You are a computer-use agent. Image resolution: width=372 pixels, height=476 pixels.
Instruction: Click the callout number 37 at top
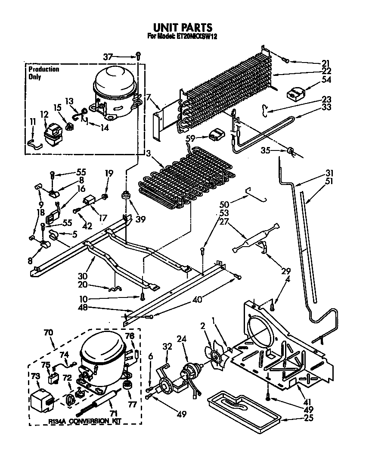pyautogui.click(x=108, y=56)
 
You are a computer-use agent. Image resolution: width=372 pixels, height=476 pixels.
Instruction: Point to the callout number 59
pyautogui.click(x=190, y=138)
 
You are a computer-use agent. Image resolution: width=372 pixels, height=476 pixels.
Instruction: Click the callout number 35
pyautogui.click(x=266, y=150)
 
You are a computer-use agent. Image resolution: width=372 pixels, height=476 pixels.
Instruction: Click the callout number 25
pyautogui.click(x=320, y=417)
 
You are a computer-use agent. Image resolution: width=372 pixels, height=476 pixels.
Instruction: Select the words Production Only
pyautogui.click(x=43, y=73)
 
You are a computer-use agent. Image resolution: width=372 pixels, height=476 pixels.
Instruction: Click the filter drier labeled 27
pyautogui.click(x=255, y=238)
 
